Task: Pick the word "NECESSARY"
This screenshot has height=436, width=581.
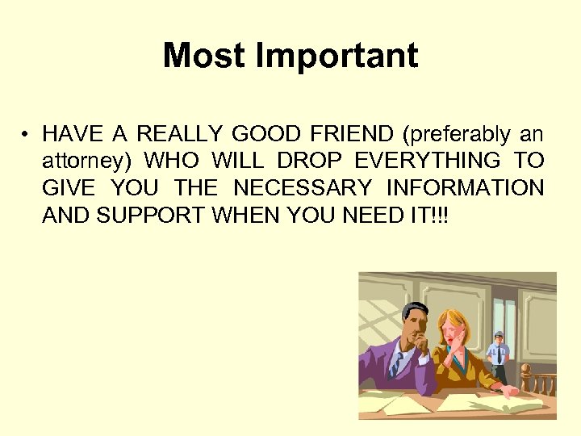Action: pyautogui.click(x=303, y=188)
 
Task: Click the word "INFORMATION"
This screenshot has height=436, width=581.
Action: pyautogui.click(x=466, y=188)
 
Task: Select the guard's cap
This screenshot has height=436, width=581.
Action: pyautogui.click(x=499, y=333)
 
